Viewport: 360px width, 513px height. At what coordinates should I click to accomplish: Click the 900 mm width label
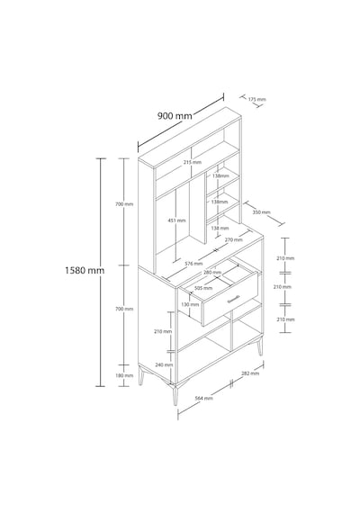tap(175, 116)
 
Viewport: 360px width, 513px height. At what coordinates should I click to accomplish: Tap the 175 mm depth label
tap(256, 99)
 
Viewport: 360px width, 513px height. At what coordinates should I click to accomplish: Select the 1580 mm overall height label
tap(85, 270)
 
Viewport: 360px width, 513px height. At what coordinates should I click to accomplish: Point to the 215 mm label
tap(193, 162)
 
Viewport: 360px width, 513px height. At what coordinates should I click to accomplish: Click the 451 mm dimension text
tap(176, 220)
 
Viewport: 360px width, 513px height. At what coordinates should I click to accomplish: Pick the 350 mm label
tap(262, 212)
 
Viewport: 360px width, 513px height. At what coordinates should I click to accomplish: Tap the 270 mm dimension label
tap(234, 239)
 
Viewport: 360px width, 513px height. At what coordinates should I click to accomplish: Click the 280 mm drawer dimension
tap(212, 272)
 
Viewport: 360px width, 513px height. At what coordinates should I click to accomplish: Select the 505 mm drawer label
tap(203, 288)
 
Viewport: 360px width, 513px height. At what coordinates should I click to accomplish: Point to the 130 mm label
tap(190, 304)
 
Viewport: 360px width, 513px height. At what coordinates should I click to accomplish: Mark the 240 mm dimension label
tap(163, 364)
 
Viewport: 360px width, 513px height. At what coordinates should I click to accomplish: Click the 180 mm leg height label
tap(124, 375)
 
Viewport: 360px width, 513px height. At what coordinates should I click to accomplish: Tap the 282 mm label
tap(250, 373)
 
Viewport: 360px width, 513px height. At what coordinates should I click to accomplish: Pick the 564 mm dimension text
tap(204, 398)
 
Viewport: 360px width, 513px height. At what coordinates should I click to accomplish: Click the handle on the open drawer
tap(234, 299)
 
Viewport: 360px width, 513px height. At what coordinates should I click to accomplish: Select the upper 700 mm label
tap(124, 204)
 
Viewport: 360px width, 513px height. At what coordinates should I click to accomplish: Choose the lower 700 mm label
tap(124, 309)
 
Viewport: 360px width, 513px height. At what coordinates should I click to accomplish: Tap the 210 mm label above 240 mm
tap(163, 331)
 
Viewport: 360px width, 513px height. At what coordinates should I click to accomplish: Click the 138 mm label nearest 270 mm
tap(220, 228)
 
